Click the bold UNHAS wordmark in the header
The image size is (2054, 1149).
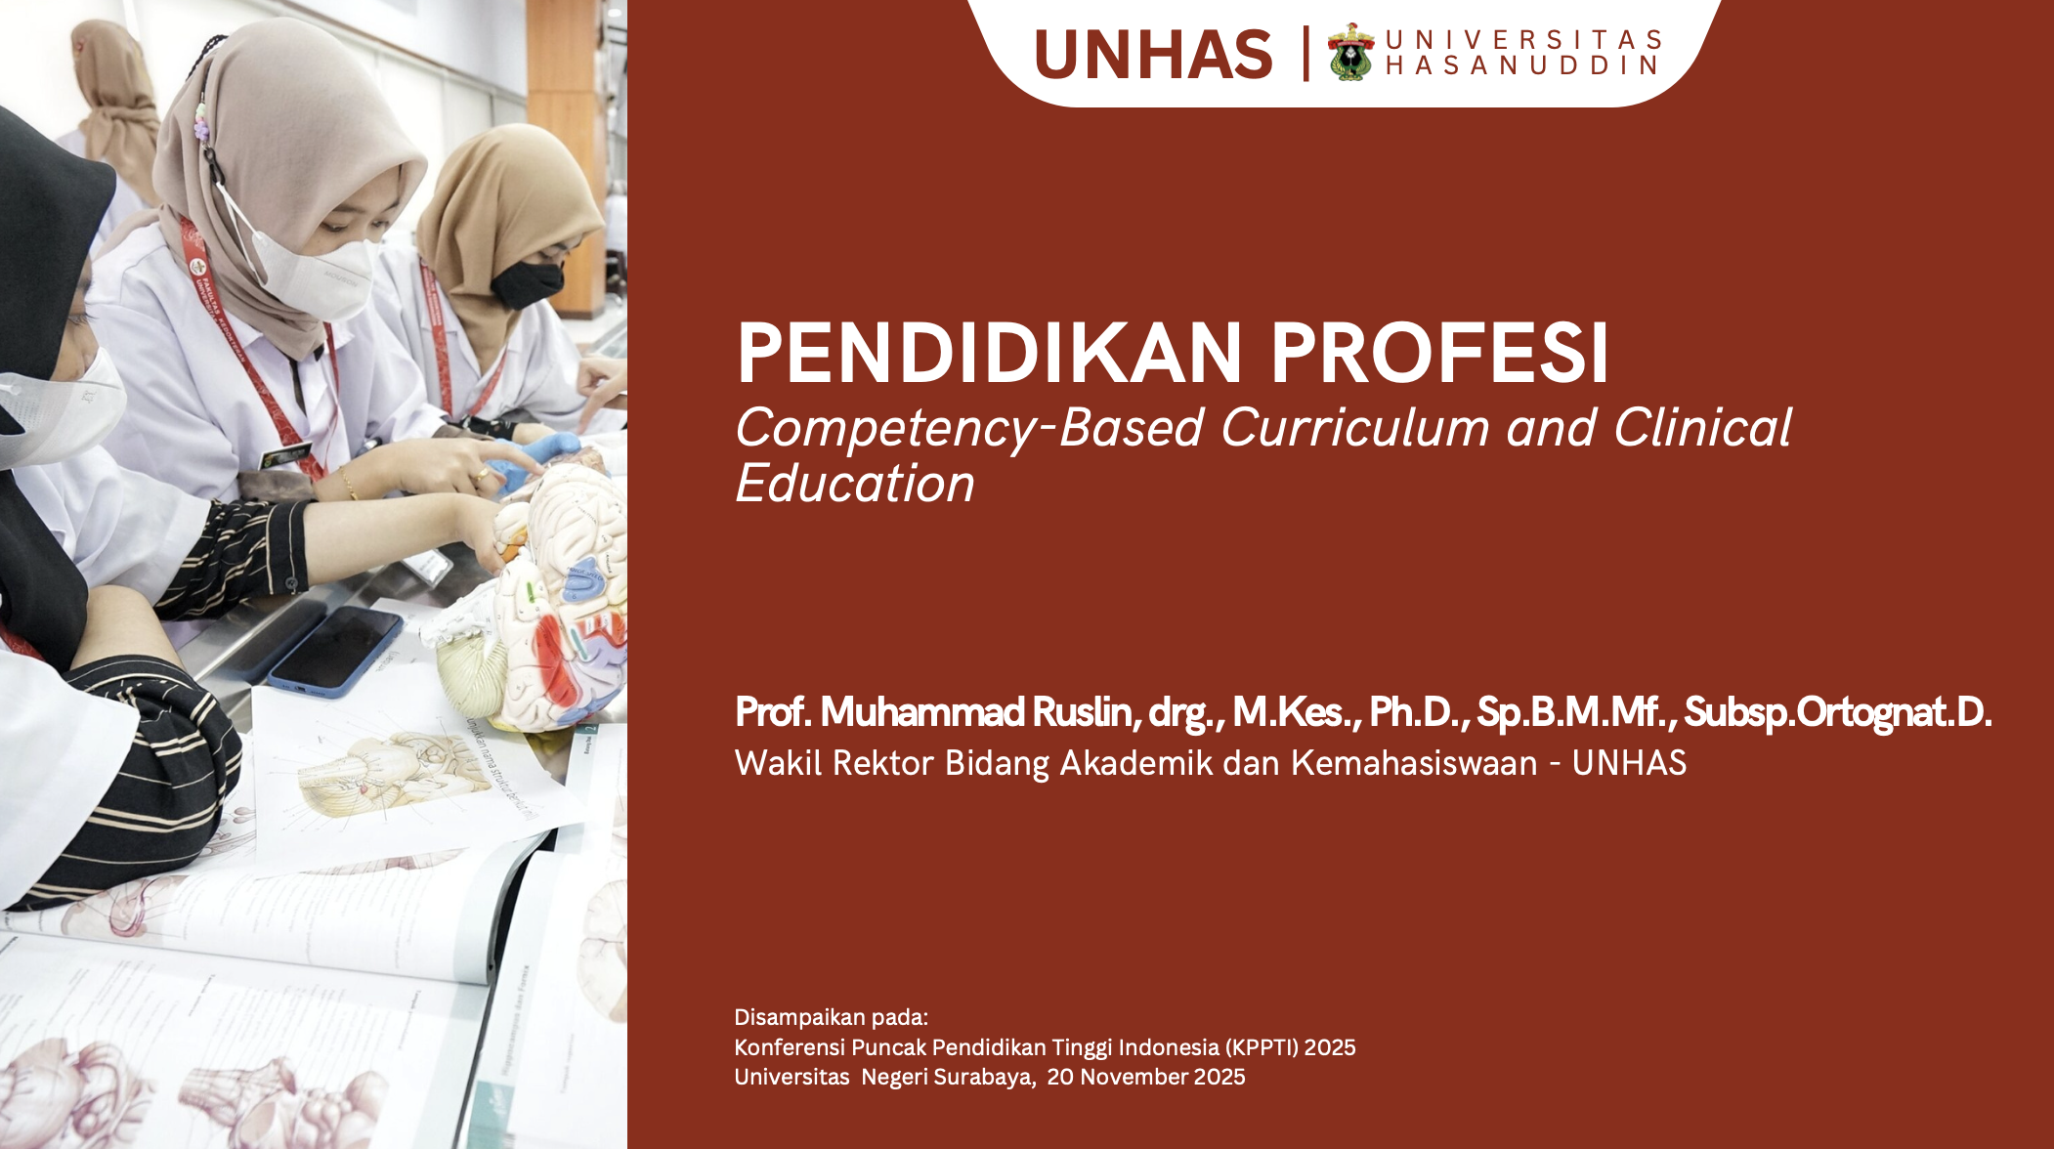pos(1153,55)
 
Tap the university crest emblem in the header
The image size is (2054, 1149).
pos(1350,52)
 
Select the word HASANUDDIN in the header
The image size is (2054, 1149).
pos(1522,65)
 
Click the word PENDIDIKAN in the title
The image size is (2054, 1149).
pos(989,353)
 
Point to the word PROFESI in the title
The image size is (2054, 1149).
pos(1439,353)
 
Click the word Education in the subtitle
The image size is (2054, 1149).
pos(855,484)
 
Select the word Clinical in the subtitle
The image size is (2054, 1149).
pos(1702,428)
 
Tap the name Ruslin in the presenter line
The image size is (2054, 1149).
pos(1085,712)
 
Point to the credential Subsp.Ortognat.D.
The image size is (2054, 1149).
pos(1837,712)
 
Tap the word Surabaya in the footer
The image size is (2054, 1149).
pos(984,1077)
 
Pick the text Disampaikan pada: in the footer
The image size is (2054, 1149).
pos(832,1017)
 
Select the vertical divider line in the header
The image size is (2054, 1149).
pos(1305,54)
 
